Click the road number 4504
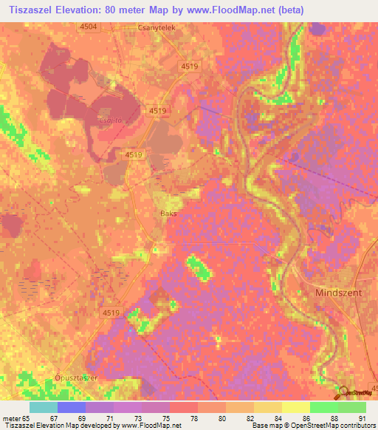click(88, 26)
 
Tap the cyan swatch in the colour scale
click(43, 407)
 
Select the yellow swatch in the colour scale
click(295, 407)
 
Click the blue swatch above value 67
click(71, 407)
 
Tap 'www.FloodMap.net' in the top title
click(225, 8)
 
